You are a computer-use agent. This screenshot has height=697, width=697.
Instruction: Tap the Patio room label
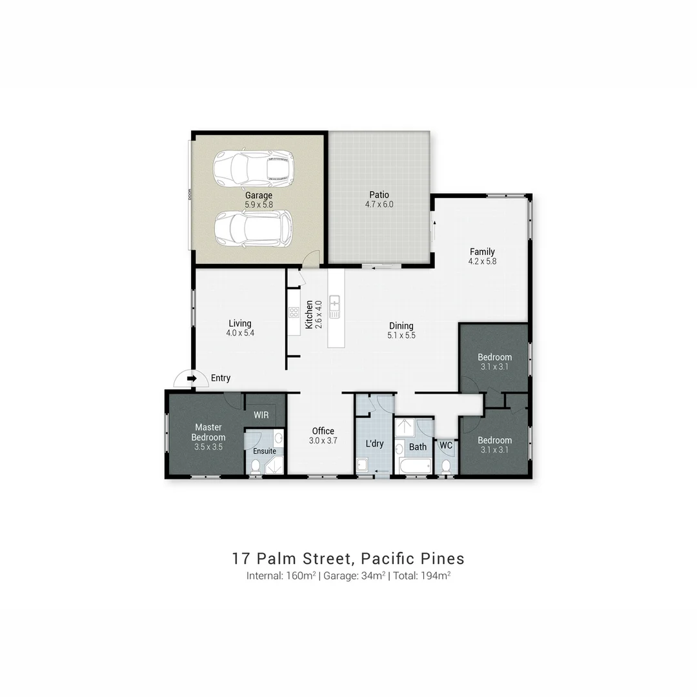tap(379, 195)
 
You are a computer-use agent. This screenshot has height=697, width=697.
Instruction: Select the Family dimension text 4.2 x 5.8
tap(482, 261)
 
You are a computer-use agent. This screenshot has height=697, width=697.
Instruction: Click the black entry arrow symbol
tap(191, 378)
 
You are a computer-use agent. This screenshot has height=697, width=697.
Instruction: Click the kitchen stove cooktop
tap(293, 312)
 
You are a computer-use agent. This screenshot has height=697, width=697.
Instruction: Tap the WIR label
tap(261, 415)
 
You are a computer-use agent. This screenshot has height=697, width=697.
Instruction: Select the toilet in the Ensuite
tap(256, 466)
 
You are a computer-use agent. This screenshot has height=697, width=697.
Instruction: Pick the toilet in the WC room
tap(446, 466)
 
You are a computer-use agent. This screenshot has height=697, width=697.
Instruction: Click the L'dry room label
tap(374, 445)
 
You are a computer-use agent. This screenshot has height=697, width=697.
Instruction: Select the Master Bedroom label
tap(208, 432)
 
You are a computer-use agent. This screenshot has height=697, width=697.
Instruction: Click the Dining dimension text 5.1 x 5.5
tap(401, 336)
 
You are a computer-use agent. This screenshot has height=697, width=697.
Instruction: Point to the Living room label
tap(239, 323)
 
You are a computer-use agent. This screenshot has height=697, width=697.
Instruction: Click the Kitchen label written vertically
tap(309, 314)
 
